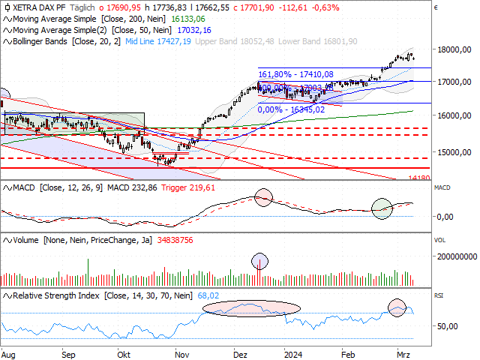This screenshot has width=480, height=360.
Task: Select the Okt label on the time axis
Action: coord(125,351)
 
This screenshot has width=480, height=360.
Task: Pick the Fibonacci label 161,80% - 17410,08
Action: coord(295,74)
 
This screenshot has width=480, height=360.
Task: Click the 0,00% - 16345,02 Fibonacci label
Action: coord(291,109)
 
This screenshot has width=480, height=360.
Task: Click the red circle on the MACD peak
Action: coord(262,198)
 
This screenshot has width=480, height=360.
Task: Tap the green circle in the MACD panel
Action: coord(382,208)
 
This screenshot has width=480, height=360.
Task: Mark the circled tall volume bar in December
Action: coord(261,262)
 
